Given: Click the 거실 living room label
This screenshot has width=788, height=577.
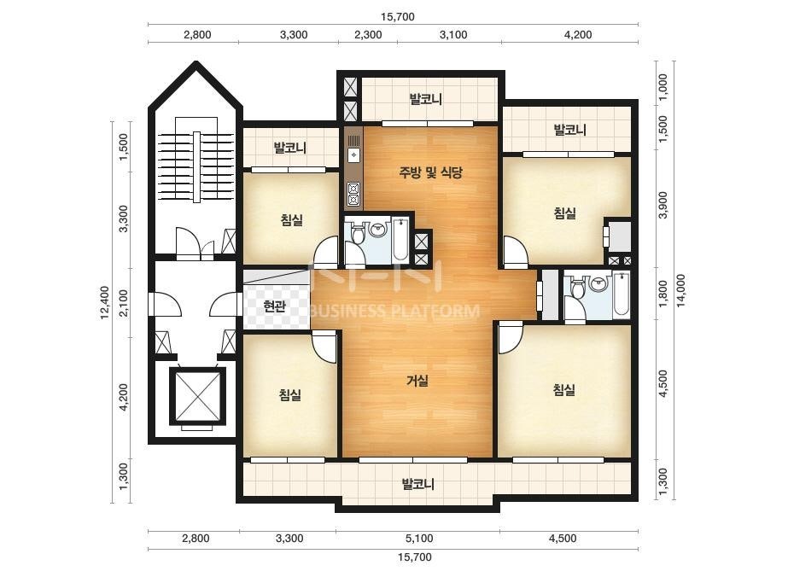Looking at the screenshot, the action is point(417,381).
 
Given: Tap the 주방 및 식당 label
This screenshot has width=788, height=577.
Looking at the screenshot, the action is point(430,173).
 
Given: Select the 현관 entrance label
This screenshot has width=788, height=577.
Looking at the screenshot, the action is point(274,306).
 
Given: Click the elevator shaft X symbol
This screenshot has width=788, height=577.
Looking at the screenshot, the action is point(197,396).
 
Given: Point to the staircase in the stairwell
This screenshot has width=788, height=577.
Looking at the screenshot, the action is point(196,167).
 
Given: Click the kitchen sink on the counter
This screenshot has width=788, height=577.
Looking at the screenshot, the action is point(354,154).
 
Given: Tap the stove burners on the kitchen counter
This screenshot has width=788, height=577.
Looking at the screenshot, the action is point(353,195).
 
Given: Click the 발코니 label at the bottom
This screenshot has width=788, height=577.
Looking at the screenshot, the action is point(418,485).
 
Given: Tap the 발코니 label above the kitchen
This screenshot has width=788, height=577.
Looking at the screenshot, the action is point(426,99).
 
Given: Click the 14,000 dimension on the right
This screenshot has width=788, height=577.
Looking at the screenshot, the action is point(680,290).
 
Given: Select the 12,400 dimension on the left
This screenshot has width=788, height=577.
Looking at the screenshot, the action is point(104,302).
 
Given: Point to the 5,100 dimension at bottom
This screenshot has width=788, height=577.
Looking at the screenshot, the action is point(419,539).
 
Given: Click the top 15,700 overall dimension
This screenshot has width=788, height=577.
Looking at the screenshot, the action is point(398,16).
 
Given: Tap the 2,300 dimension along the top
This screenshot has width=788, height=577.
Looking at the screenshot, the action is point(368,35).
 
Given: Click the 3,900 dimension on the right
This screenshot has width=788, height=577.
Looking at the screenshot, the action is point(663,205).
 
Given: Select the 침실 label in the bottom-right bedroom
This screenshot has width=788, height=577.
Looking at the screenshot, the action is point(564,389).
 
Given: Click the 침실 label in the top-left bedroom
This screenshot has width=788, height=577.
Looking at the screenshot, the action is point(292,219).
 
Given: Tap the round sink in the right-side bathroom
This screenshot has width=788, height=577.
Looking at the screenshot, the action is point(598,285).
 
